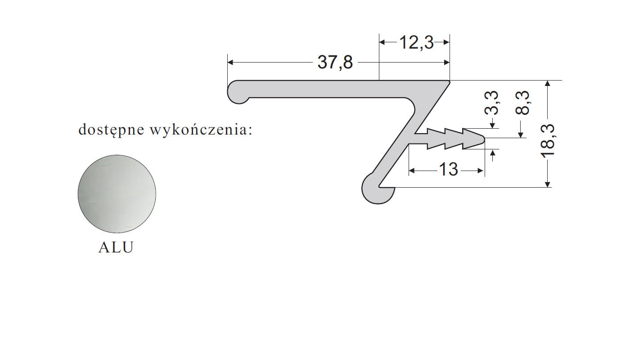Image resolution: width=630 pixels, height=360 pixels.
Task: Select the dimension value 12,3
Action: pos(416,43)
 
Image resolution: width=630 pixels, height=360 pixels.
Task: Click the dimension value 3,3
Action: pos(493,103)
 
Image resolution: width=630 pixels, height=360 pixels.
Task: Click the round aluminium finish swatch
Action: pos(117,194)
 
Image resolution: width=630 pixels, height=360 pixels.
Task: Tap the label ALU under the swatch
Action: pos(116,248)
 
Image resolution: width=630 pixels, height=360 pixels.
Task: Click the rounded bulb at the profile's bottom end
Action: pos(376,189)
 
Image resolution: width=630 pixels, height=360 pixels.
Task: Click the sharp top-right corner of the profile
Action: pos(449,81)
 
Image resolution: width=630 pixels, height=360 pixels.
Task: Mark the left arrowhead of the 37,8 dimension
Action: pos(231,63)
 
